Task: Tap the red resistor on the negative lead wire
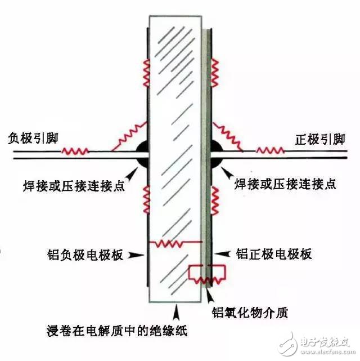point(75,151)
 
